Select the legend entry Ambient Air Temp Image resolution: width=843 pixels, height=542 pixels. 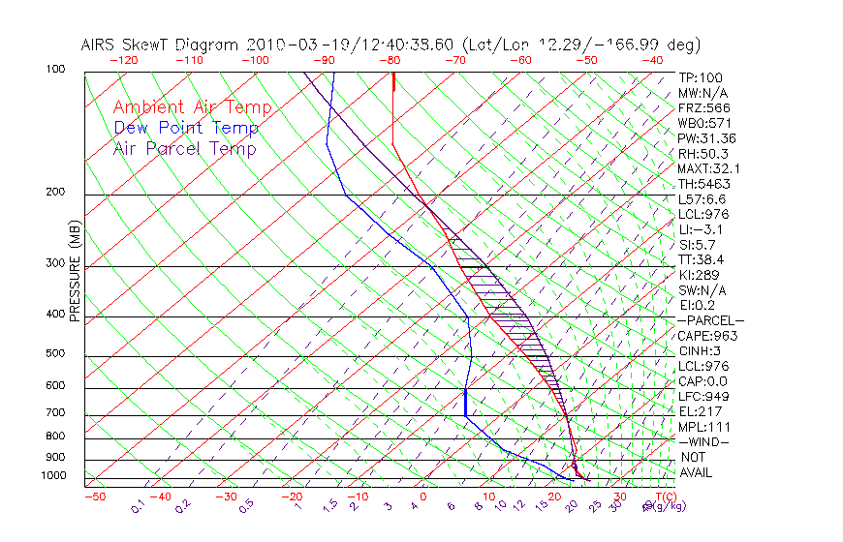click(192, 107)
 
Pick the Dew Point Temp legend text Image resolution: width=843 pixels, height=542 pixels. click(186, 128)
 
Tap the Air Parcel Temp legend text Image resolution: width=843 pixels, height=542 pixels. click(184, 148)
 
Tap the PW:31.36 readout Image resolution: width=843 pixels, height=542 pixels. click(705, 137)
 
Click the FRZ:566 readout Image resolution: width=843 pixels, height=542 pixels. click(703, 107)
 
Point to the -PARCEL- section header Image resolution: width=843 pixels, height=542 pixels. click(710, 320)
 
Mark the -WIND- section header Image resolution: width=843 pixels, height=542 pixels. click(704, 441)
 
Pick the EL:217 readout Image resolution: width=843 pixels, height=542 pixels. click(698, 411)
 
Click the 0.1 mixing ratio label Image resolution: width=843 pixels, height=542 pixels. click(139, 505)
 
